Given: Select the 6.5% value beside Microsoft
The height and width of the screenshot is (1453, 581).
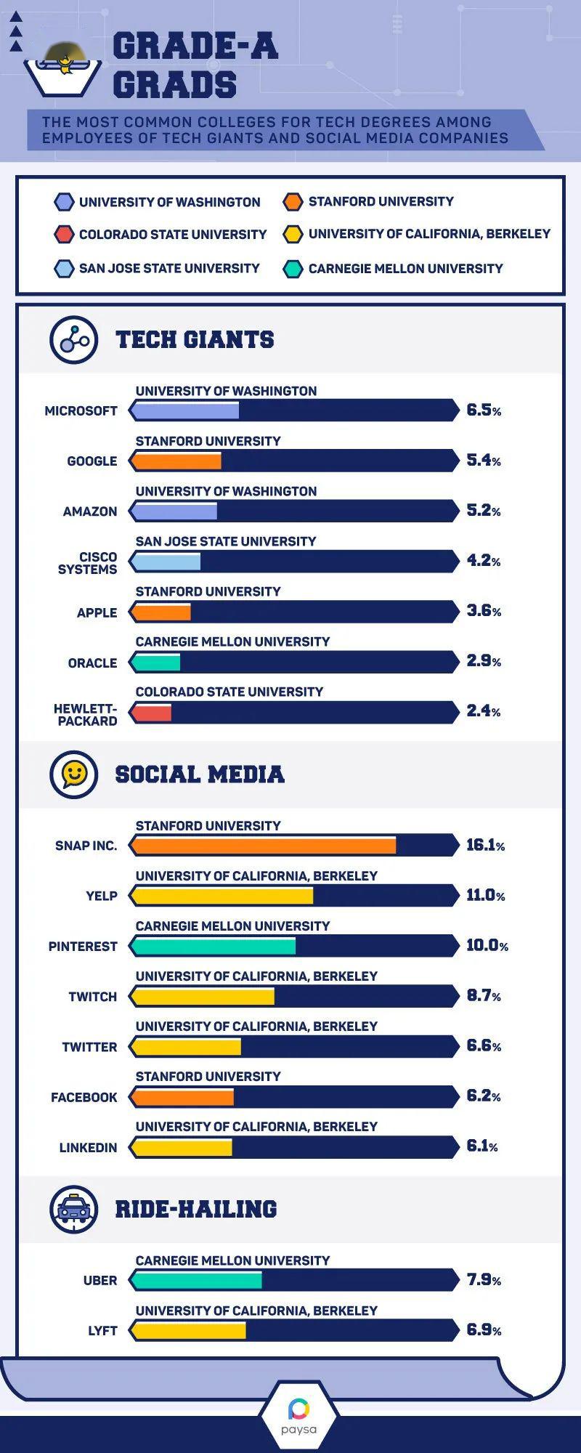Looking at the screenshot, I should [x=484, y=410].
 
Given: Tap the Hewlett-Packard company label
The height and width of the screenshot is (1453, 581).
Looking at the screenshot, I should [x=86, y=715].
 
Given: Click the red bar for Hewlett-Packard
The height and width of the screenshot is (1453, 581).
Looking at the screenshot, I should [x=152, y=713].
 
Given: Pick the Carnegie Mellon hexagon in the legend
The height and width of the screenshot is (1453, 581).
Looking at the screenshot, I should [x=292, y=269].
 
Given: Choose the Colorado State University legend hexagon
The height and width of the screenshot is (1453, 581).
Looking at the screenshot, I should [x=64, y=235].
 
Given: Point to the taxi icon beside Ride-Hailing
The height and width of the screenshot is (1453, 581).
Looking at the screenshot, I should [x=73, y=1209].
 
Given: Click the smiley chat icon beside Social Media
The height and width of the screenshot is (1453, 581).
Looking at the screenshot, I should [x=73, y=774].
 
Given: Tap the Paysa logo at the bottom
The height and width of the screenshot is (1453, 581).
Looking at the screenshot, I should [x=298, y=1415].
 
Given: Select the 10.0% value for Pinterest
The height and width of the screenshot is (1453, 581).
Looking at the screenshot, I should [x=487, y=945].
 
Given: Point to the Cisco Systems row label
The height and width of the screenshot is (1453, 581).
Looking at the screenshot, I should [x=88, y=563].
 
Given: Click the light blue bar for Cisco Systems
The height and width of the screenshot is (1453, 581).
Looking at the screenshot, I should [x=166, y=562].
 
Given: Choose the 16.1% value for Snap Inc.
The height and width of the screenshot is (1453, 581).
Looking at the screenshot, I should [x=485, y=845].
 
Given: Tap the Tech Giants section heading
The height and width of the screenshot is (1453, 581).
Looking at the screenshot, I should [x=195, y=339].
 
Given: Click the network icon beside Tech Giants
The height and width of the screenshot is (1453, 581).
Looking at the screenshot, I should [x=73, y=339].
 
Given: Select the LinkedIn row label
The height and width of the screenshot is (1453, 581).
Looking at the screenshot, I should [x=88, y=1148].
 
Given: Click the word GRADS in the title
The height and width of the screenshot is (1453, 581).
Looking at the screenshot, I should [x=174, y=85].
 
